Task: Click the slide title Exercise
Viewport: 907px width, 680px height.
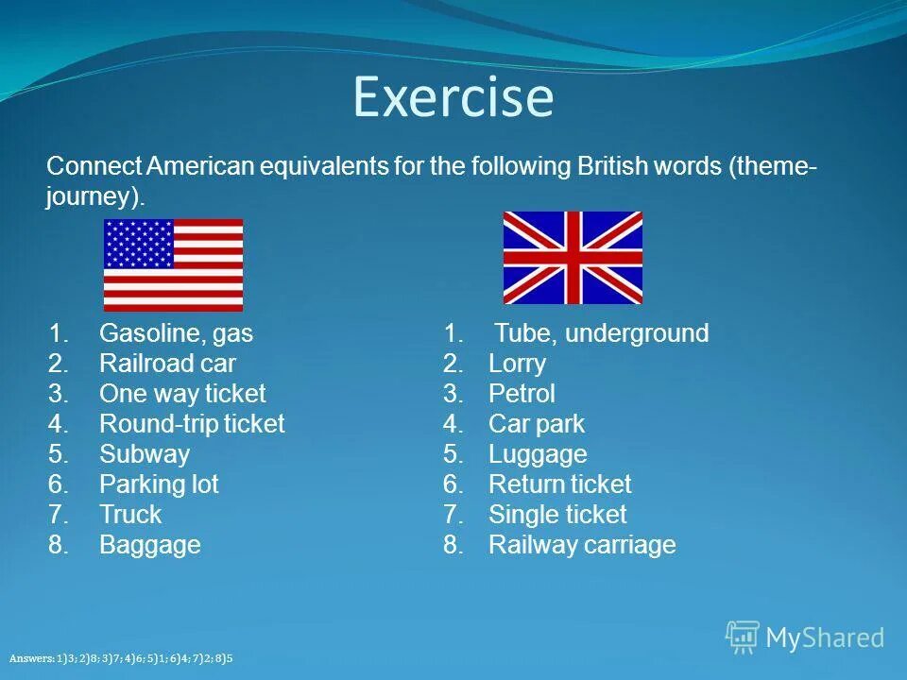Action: coord(453,97)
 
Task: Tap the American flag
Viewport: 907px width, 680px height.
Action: coord(173,265)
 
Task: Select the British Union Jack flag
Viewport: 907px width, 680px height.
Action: coord(573,258)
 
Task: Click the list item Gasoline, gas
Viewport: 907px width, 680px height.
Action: coord(176,333)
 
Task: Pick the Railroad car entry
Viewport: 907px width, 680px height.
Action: coord(167,364)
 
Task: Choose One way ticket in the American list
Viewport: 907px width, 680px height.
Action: coord(182,394)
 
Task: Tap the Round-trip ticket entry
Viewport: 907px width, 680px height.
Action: coord(192,424)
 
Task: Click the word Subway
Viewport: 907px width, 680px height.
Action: coord(145,454)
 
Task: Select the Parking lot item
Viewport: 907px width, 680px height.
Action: coord(159,484)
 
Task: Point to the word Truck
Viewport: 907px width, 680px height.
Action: coord(130,515)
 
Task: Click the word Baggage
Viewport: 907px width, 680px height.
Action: coord(150,545)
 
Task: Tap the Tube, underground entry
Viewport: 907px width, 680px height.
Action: coord(602,333)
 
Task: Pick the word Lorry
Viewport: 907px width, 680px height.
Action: coord(517,364)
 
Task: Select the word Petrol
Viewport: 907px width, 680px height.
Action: coord(522,394)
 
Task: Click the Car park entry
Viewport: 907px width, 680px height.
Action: coord(537,424)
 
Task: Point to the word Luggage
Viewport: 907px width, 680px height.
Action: coord(538,454)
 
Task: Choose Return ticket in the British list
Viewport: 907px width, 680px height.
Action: coord(559,484)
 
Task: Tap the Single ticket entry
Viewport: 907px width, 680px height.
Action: coord(557,515)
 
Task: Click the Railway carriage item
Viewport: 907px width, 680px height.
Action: coord(582,545)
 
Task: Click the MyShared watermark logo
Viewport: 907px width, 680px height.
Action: coord(805,637)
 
